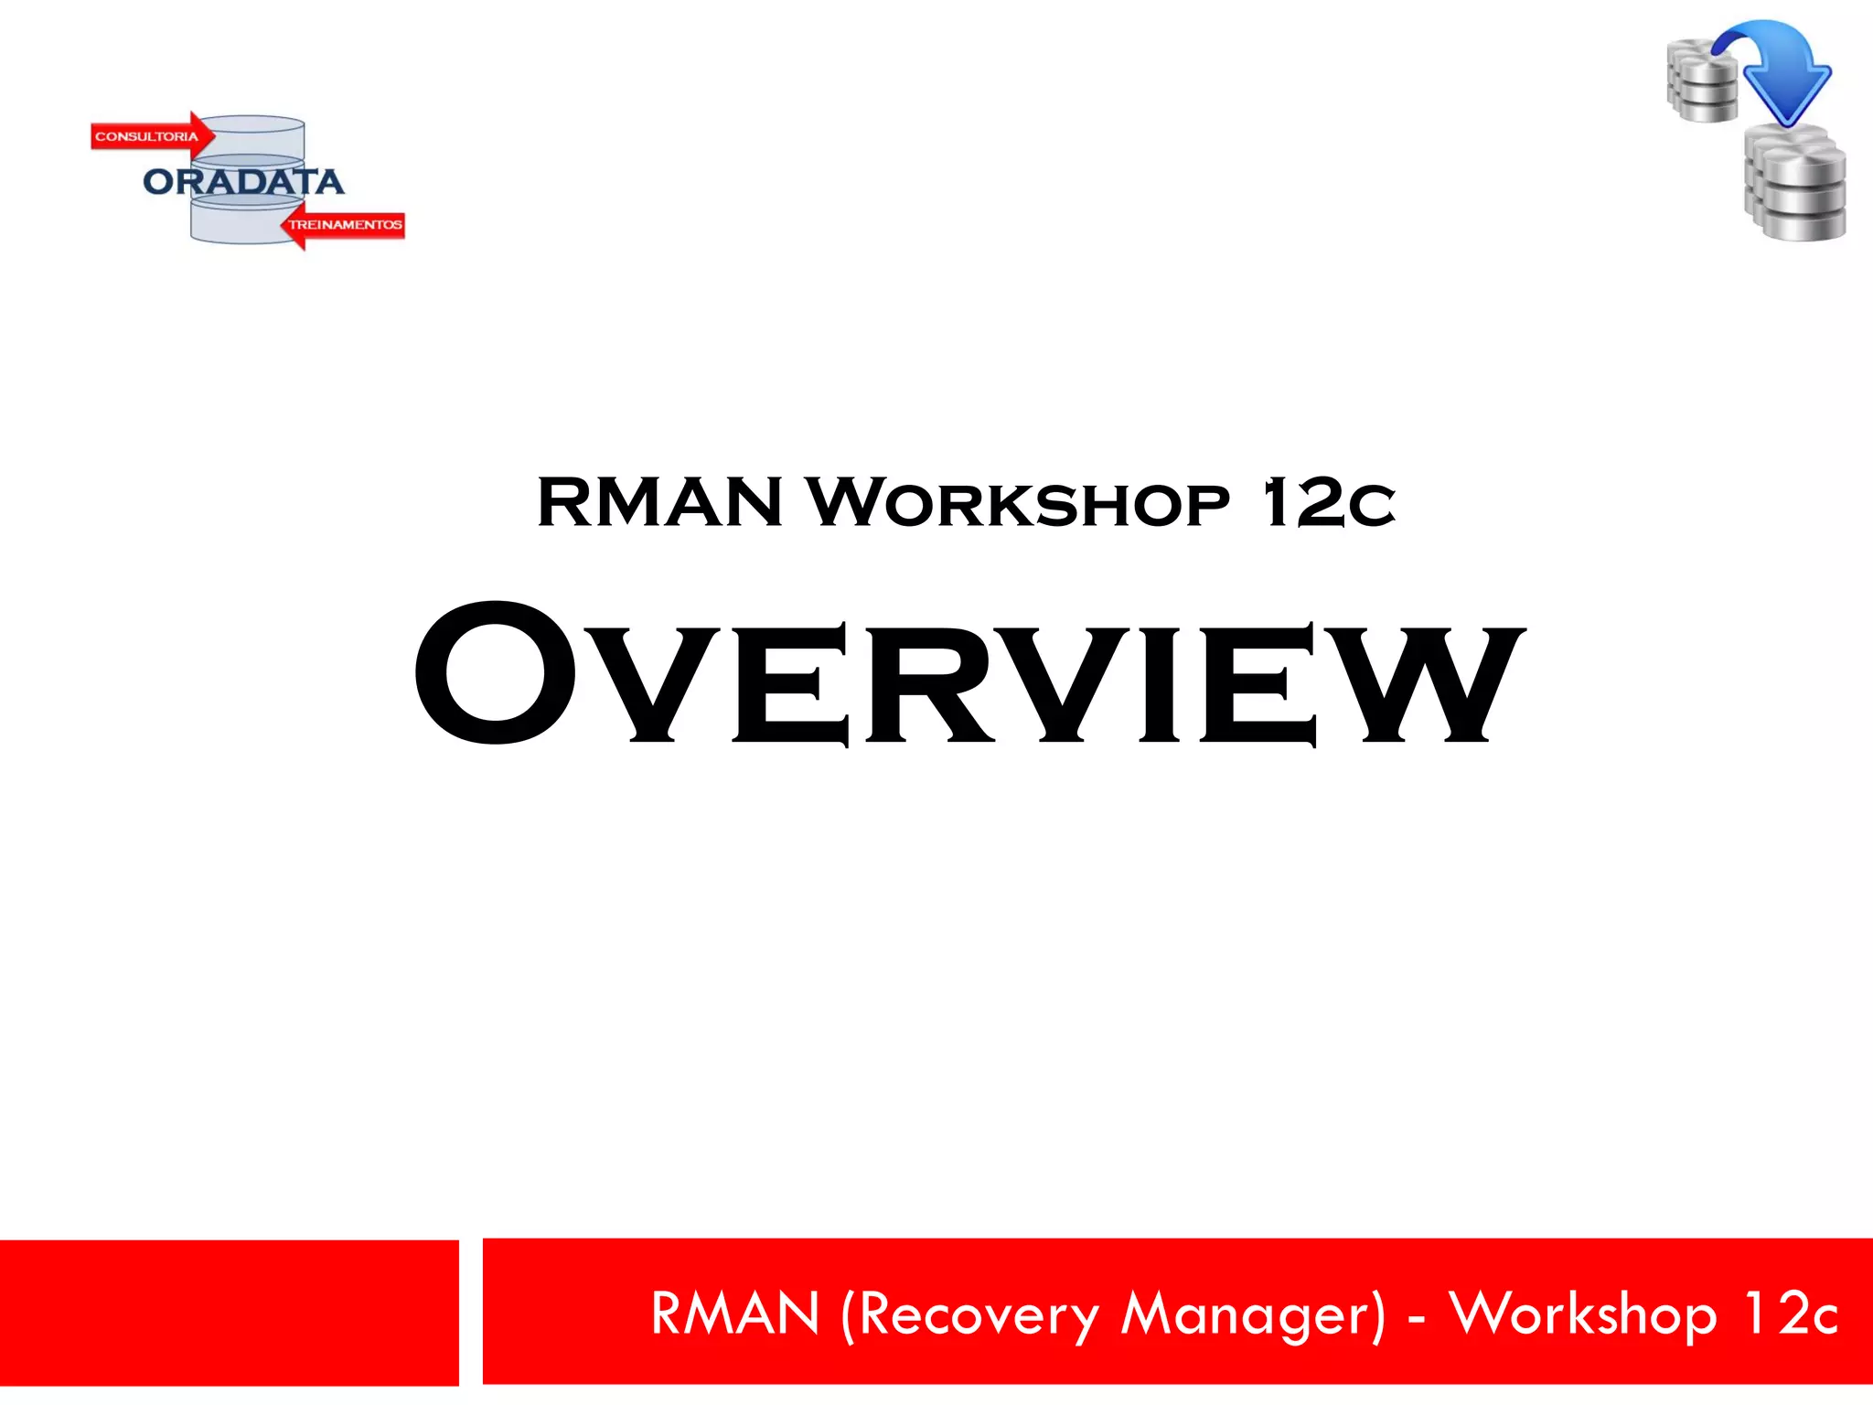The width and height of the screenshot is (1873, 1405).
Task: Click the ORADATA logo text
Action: point(243,182)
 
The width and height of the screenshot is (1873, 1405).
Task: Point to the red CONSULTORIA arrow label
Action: point(149,136)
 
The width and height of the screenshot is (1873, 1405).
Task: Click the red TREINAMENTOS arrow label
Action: point(344,225)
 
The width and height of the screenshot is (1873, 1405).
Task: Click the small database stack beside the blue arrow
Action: point(1701,82)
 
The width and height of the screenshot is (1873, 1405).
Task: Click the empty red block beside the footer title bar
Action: point(229,1312)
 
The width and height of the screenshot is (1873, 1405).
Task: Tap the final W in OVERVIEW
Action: point(1422,681)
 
